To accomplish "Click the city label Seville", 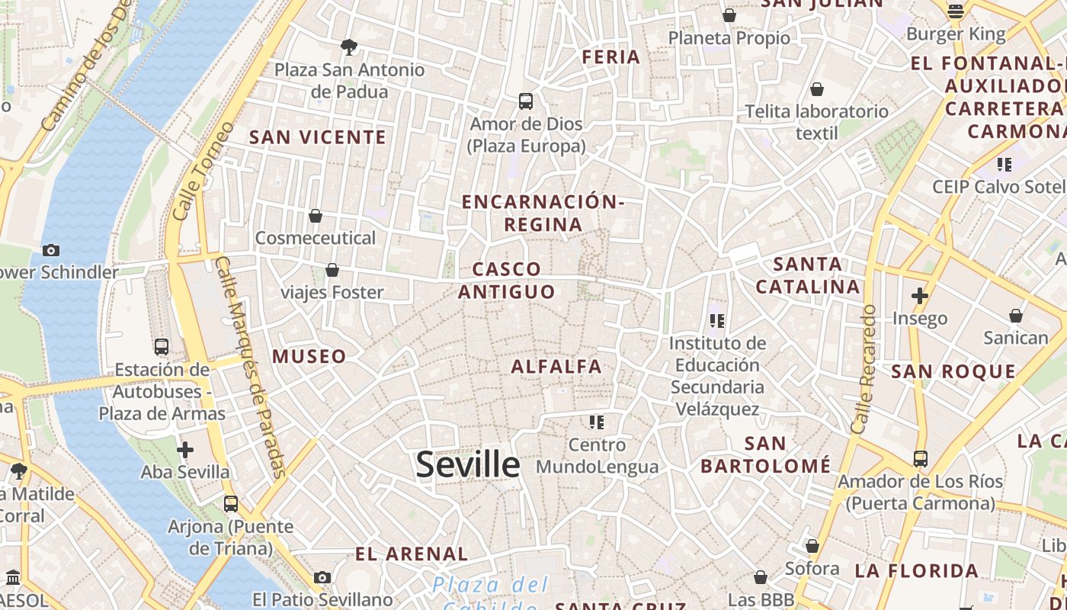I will tap(468, 464).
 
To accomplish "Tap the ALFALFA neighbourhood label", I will tap(556, 367).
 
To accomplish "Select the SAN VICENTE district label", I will tap(318, 137).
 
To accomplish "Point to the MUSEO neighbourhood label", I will tap(309, 356).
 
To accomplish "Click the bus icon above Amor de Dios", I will tap(526, 101).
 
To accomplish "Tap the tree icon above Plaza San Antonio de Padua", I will tap(349, 47).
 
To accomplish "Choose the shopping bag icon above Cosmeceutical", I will tap(316, 216).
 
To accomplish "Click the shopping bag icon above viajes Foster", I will tap(332, 269).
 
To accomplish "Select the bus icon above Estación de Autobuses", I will tap(162, 347).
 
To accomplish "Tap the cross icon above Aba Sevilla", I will tap(185, 450).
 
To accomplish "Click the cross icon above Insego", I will tap(920, 296).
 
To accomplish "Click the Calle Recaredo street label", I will tap(864, 370).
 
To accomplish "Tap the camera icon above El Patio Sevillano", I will tap(322, 577).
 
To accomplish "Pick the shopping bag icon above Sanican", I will tap(1016, 315).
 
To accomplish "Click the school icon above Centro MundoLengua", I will tap(597, 422).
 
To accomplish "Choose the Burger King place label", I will tap(956, 34).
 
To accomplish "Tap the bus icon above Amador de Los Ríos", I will tap(921, 459).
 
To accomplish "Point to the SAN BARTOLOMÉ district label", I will tap(765, 454).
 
